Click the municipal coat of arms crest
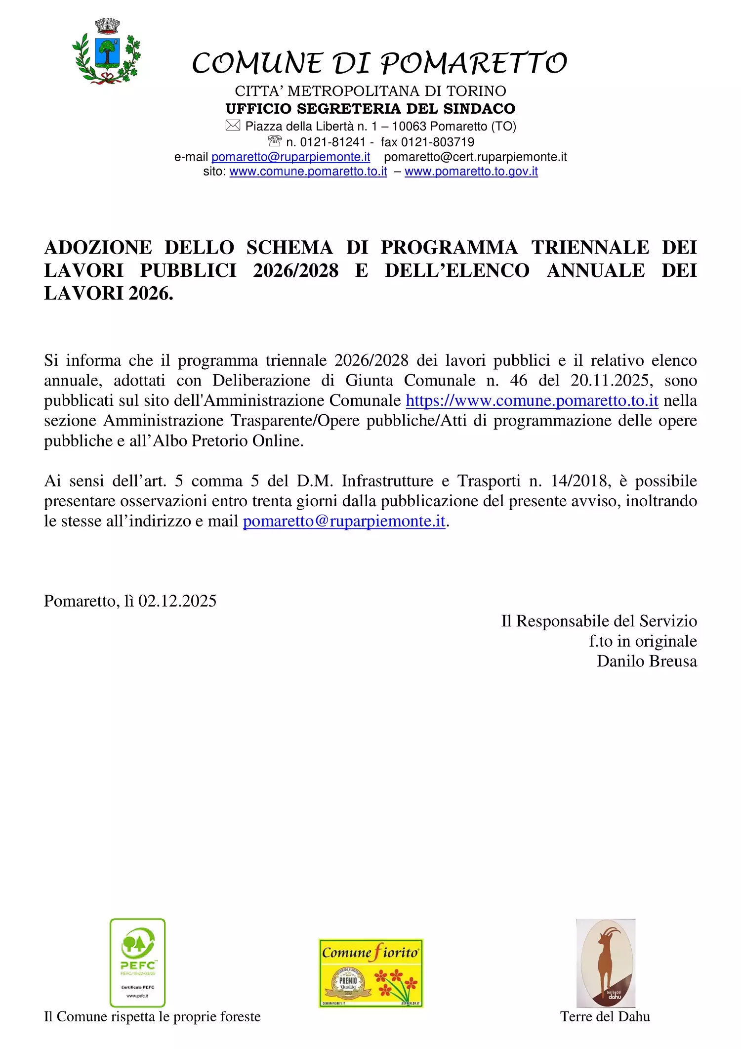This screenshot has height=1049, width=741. (106, 52)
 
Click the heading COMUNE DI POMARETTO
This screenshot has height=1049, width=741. (379, 63)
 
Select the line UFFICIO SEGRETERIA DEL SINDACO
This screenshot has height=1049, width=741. (370, 109)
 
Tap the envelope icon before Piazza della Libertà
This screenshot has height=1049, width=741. (233, 126)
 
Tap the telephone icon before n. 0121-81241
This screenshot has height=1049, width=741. (275, 141)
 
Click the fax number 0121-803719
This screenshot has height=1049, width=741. (438, 142)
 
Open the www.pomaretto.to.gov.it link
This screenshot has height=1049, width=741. (471, 172)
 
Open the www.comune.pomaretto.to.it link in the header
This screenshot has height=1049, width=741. (308, 172)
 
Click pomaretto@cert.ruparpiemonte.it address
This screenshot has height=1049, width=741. (475, 157)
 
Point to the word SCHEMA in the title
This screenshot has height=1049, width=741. (289, 248)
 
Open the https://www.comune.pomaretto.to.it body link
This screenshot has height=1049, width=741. (532, 401)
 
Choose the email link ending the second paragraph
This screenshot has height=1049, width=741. (344, 522)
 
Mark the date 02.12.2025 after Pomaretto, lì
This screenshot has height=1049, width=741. (177, 601)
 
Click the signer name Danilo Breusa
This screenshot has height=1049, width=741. (647, 661)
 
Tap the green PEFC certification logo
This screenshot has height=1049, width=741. (137, 963)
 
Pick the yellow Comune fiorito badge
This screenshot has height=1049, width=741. (371, 973)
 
